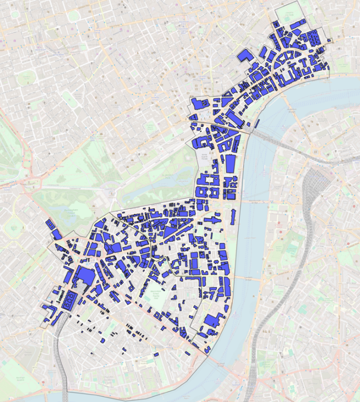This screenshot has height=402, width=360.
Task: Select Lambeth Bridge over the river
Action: tap(246, 279)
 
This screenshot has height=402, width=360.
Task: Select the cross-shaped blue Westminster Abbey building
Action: tap(212, 220)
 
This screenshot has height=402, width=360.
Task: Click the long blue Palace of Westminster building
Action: tap(232, 217)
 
